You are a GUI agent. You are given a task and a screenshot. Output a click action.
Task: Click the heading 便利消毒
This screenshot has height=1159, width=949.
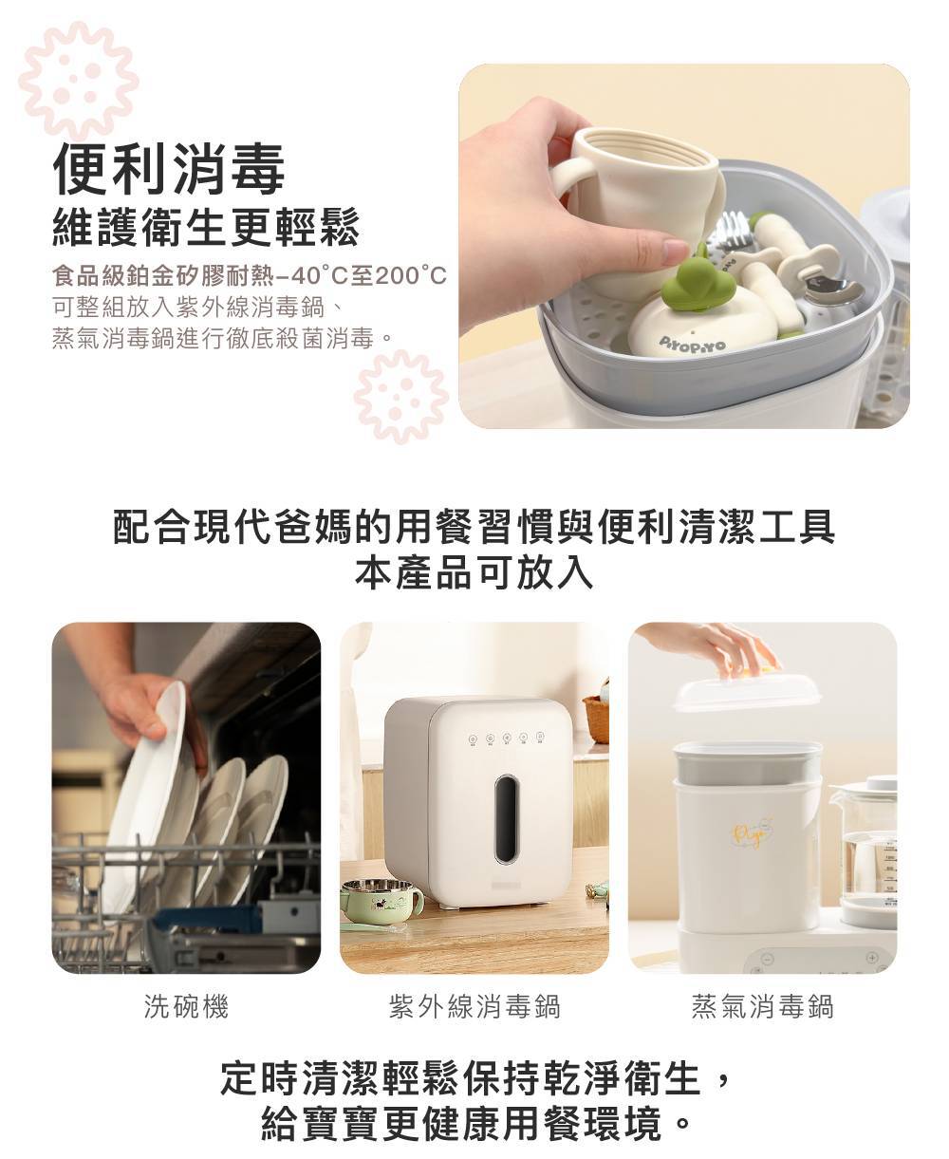169,169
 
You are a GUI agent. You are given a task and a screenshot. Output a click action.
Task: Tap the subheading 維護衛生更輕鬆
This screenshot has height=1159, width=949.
206,227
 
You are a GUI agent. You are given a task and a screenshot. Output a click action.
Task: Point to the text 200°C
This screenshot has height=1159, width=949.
411,275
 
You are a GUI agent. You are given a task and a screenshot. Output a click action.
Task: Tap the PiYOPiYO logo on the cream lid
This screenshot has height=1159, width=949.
692,344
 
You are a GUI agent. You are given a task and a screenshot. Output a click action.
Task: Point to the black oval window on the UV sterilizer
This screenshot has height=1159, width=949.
506,818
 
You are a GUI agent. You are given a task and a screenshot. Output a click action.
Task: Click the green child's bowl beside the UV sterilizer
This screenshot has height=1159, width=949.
381,899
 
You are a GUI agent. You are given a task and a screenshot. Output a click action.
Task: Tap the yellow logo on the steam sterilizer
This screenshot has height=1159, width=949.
752,833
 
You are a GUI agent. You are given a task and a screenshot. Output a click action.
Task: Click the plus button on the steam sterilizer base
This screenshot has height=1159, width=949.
871,958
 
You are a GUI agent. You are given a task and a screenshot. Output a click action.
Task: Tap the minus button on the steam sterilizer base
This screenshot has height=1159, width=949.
768,960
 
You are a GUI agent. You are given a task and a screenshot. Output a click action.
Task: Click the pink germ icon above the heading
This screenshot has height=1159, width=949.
79,79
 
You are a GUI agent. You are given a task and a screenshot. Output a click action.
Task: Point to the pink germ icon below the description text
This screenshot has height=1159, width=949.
400,396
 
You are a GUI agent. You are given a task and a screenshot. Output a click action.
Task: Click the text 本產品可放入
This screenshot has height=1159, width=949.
474,574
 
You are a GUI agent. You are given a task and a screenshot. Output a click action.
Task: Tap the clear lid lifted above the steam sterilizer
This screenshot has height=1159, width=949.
747,693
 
